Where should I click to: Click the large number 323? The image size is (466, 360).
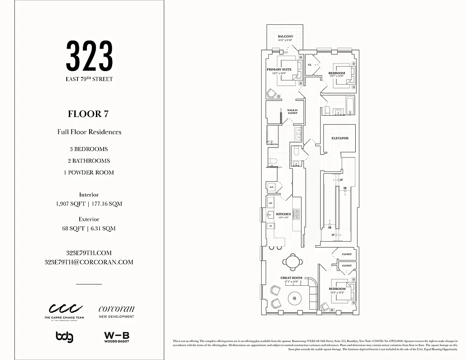[89, 56]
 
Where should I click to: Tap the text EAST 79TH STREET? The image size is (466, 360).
[89, 79]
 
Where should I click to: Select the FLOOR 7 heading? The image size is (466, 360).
[88, 114]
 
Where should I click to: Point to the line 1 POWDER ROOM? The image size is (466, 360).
[89, 172]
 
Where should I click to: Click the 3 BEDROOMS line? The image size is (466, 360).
[89, 149]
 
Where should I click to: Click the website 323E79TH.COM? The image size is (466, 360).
[89, 253]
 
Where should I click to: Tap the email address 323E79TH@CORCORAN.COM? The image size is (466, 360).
[89, 262]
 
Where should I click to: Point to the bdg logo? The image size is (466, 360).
[64, 337]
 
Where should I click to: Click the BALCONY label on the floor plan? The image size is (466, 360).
[285, 36]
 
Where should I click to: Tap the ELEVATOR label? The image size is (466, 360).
[340, 138]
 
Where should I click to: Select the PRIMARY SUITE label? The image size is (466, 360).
[279, 70]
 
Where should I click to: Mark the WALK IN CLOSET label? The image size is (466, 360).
[292, 112]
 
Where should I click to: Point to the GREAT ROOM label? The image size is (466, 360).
[291, 278]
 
